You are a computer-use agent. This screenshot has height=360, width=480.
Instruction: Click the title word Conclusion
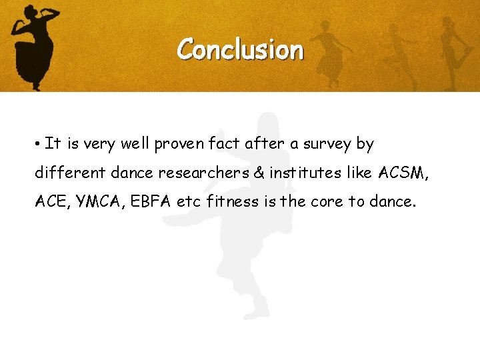[240, 49]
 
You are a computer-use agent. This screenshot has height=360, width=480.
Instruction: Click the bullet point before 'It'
[40, 144]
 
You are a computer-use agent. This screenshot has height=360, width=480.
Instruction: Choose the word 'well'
[136, 143]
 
